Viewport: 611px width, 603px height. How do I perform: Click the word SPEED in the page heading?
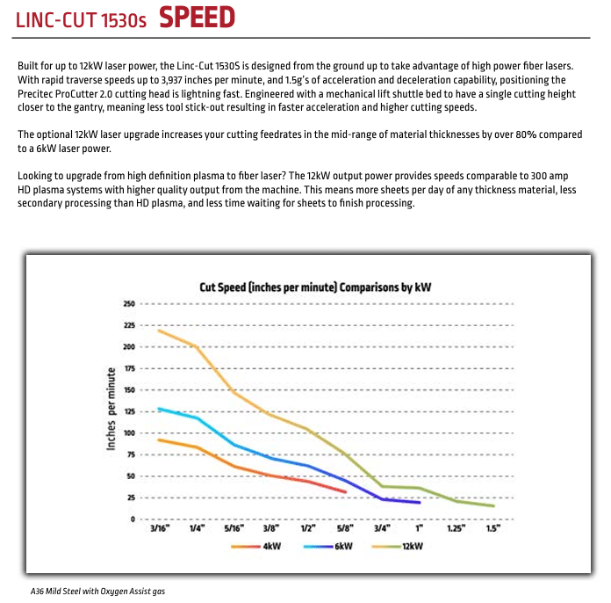pos(197,17)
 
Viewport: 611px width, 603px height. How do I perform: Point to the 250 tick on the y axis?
pos(128,304)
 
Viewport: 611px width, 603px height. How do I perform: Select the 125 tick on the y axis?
pos(128,411)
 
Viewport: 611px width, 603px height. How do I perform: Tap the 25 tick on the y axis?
pos(130,498)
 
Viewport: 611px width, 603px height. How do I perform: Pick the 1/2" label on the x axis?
pos(307,528)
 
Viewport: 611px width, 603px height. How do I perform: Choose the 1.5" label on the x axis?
pos(492,528)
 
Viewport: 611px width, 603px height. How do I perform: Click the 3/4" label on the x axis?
pos(382,528)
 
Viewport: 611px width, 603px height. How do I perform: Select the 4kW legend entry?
pos(256,547)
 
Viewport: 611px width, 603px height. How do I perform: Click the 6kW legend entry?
pos(329,547)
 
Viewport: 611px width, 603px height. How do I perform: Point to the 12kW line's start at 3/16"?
pos(159,331)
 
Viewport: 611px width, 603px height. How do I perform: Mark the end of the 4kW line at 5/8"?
pos(345,492)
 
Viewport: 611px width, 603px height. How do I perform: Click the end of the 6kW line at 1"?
pos(420,503)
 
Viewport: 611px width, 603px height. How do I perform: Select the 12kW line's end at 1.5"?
pos(493,506)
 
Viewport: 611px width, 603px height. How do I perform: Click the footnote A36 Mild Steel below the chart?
pos(97,591)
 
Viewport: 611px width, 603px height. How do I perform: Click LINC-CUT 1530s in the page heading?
pos(81,19)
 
